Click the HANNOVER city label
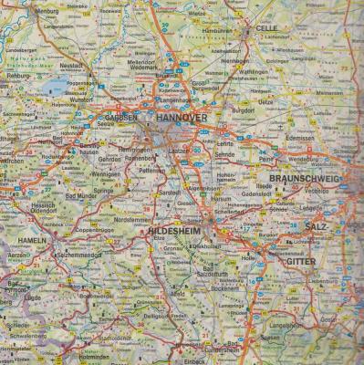(182, 119)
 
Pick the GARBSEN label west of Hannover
(120, 118)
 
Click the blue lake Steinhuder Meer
(57, 87)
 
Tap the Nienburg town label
(20, 11)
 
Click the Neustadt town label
(71, 67)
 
